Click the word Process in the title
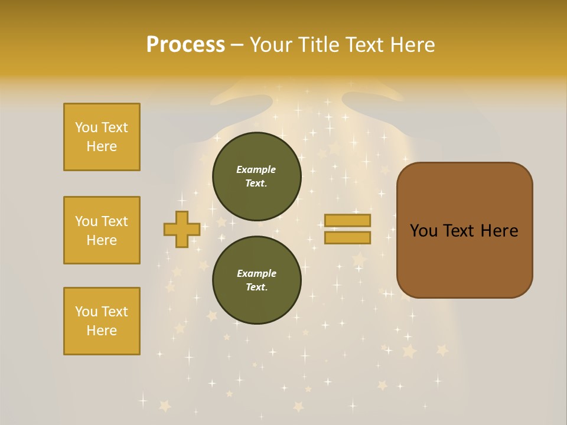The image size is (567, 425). (185, 45)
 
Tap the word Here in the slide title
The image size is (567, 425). (411, 45)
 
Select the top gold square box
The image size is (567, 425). (102, 137)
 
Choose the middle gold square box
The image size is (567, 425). (102, 230)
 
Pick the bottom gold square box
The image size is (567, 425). (102, 321)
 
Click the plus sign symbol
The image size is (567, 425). (181, 229)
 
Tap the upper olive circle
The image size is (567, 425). (256, 176)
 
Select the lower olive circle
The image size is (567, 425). (256, 280)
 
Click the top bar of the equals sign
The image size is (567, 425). (347, 221)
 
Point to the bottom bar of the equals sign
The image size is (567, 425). (347, 238)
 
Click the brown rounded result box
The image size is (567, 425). (464, 260)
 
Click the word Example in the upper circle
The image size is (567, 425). (256, 169)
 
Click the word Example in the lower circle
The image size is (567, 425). (256, 273)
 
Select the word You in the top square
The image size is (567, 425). (86, 127)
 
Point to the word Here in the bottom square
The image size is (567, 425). (102, 331)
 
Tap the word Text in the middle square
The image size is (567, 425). (115, 221)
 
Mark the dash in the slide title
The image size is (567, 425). (237, 45)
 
